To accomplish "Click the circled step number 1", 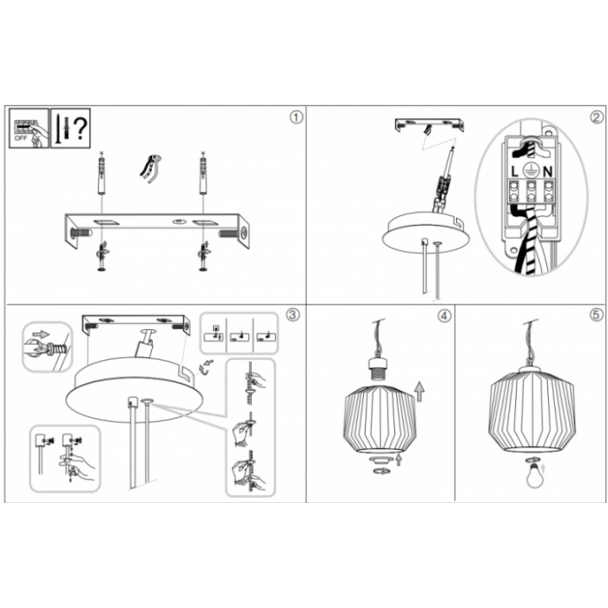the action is (x=296, y=117).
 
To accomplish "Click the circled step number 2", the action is (x=597, y=117).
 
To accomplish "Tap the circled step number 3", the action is (x=293, y=314).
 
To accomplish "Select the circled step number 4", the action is (x=445, y=316).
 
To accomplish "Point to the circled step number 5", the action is (x=597, y=314).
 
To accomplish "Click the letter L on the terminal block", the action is (x=514, y=171).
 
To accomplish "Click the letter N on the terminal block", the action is (x=547, y=171).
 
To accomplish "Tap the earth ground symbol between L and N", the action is (x=530, y=169).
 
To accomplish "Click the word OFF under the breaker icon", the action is (x=20, y=138).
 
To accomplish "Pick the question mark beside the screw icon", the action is (x=80, y=129).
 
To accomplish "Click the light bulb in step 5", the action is (x=533, y=474).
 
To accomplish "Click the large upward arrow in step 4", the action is (x=420, y=391).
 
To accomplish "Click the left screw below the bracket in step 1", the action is (x=102, y=255).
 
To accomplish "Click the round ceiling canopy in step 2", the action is (x=426, y=232).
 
